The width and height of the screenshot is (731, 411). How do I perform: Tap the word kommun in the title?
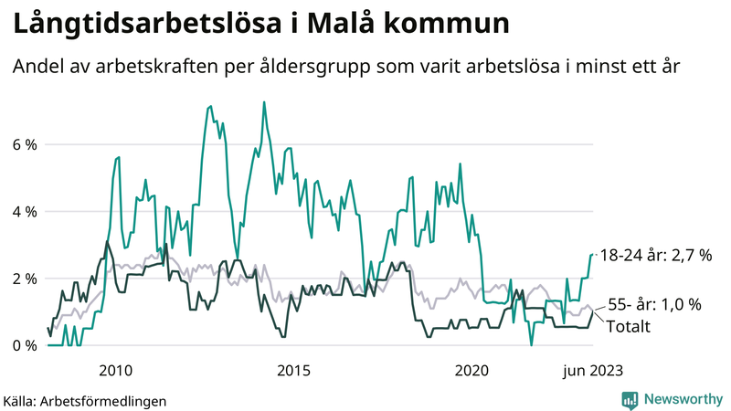(448, 24)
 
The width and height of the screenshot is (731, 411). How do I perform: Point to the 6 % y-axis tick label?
(25, 144)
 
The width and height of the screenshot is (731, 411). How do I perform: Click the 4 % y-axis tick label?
(25, 211)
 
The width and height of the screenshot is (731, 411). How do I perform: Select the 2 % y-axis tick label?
(25, 279)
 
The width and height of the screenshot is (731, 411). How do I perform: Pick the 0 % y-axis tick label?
(25, 345)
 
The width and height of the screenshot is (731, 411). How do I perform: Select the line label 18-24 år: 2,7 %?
(656, 256)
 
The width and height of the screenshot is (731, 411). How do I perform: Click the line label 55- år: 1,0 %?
(654, 305)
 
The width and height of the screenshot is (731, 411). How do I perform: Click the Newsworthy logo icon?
(630, 398)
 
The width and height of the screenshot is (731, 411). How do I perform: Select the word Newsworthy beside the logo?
(683, 398)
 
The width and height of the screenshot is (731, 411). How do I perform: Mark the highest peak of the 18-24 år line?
(264, 102)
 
